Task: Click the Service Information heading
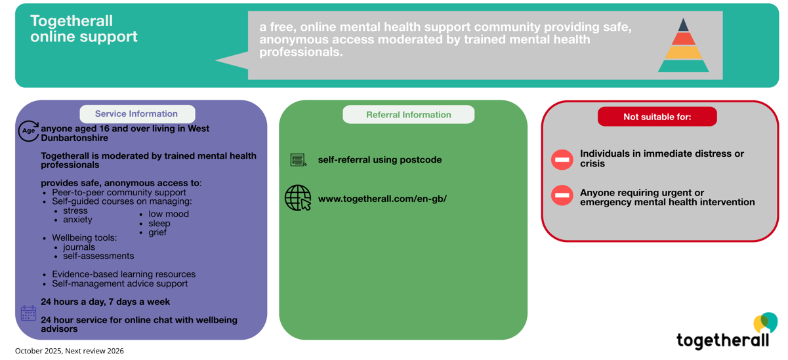(136, 114)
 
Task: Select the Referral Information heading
(408, 115)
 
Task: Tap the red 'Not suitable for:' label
(657, 117)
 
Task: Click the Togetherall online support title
(84, 29)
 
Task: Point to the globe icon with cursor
(298, 197)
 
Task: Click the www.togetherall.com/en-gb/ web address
(382, 199)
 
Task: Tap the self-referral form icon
(299, 160)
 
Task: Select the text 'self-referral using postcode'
(379, 160)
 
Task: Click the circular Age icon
(28, 131)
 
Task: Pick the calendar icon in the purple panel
(28, 313)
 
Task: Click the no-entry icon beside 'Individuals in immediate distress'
(562, 159)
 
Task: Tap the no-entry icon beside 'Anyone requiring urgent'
(562, 195)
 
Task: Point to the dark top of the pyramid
(684, 25)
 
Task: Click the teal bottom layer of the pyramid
(684, 66)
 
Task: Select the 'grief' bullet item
(157, 232)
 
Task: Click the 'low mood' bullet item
(168, 214)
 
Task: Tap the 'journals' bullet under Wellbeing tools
(79, 247)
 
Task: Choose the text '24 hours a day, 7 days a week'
(105, 302)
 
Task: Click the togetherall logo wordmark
(722, 340)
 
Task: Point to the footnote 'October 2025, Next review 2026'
(70, 351)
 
